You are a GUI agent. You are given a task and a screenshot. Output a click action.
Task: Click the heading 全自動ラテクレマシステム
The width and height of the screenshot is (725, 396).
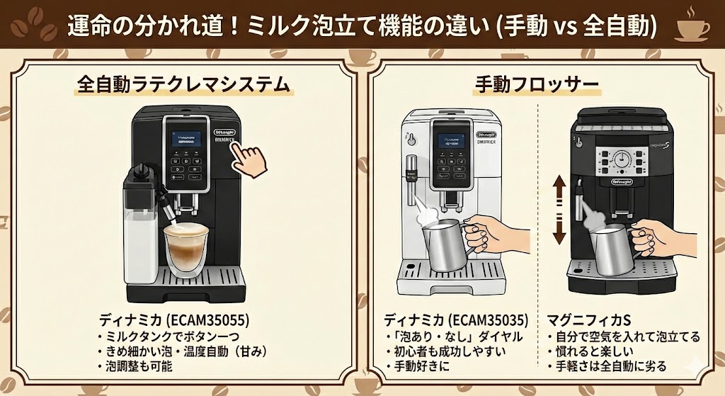(183, 85)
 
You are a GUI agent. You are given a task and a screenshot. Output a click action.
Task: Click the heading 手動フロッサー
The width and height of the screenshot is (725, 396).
(536, 86)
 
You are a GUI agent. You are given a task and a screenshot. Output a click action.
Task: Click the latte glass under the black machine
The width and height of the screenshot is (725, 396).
(186, 248)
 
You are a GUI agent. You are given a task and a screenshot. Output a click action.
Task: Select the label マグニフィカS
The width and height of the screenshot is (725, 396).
(583, 319)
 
